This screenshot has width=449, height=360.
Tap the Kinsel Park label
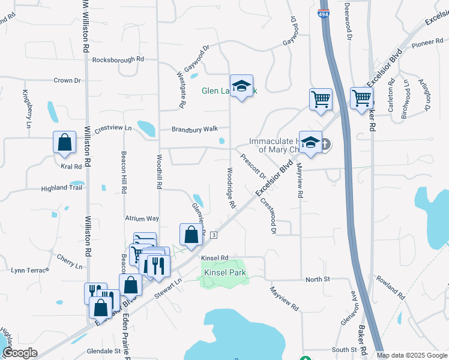225,272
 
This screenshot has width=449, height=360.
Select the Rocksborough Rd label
118,59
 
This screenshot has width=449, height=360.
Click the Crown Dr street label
67,80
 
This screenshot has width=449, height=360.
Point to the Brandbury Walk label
193,129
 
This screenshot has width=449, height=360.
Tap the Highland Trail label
61,188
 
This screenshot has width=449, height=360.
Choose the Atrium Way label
142,219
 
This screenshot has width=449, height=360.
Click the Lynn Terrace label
29,271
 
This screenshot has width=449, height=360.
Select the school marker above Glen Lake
241,87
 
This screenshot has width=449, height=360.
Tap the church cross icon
325,144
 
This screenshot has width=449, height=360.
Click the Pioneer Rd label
427,44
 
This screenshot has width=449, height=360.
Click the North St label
318,280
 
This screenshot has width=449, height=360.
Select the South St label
345,349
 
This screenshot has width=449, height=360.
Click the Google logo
20,353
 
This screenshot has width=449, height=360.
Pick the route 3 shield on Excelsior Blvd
214,236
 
